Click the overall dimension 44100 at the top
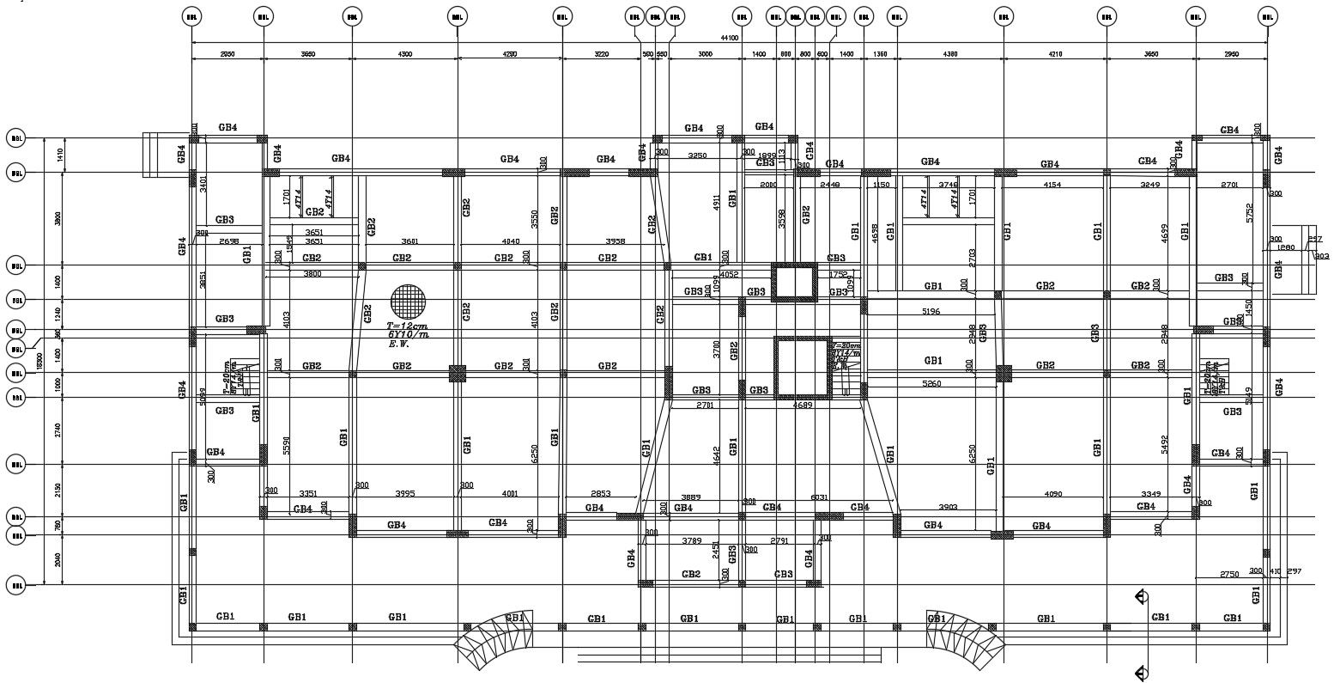(x=730, y=38)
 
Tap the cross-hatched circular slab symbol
(x=408, y=301)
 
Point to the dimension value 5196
(x=930, y=311)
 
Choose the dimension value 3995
(x=404, y=493)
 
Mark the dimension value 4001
(x=510, y=493)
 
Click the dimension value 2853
(x=601, y=493)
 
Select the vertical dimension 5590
(x=287, y=444)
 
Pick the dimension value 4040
(x=510, y=242)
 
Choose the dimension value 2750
(x=1229, y=574)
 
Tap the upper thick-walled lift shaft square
(x=794, y=283)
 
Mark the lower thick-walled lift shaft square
(x=802, y=368)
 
